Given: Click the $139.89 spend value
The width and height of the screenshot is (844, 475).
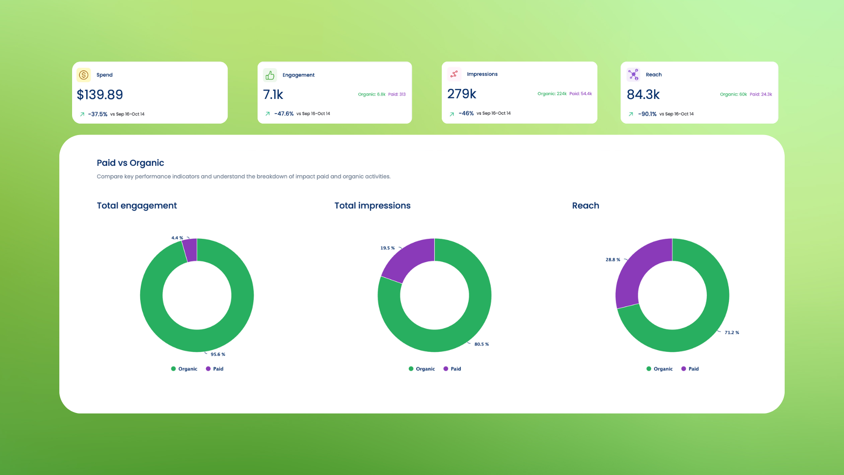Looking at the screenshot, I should pyautogui.click(x=100, y=95).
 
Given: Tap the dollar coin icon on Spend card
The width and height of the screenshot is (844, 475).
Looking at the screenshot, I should pyautogui.click(x=84, y=75).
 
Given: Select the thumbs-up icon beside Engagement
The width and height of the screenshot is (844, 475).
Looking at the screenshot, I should pyautogui.click(x=270, y=75).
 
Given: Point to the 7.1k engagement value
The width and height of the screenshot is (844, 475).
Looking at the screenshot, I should pyautogui.click(x=273, y=95).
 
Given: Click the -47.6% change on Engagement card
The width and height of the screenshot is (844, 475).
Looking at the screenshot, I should pyautogui.click(x=284, y=113).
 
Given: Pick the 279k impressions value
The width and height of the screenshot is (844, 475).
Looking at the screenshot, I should pyautogui.click(x=462, y=94).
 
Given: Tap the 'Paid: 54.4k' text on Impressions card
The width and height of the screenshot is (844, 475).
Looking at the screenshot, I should pyautogui.click(x=580, y=94).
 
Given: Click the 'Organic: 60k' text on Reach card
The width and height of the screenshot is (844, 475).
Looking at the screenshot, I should pyautogui.click(x=733, y=94).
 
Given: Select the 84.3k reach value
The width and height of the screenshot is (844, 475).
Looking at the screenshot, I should pyautogui.click(x=643, y=95).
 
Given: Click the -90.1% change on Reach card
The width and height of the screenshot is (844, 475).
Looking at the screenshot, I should pyautogui.click(x=647, y=114).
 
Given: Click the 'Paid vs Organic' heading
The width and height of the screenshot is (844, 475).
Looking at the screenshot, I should pyautogui.click(x=130, y=163).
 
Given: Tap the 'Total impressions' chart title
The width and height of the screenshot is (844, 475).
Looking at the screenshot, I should pyautogui.click(x=372, y=205).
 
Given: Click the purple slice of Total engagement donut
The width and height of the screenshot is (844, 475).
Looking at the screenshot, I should pyautogui.click(x=190, y=250).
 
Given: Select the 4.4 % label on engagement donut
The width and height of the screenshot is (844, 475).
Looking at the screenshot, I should pyautogui.click(x=177, y=238).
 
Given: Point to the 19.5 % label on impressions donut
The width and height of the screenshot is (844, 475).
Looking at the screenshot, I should pyautogui.click(x=387, y=248).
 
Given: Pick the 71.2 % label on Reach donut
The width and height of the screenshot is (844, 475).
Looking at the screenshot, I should pyautogui.click(x=731, y=332).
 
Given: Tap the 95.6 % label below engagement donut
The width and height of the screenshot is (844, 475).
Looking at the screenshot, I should pyautogui.click(x=218, y=354).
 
